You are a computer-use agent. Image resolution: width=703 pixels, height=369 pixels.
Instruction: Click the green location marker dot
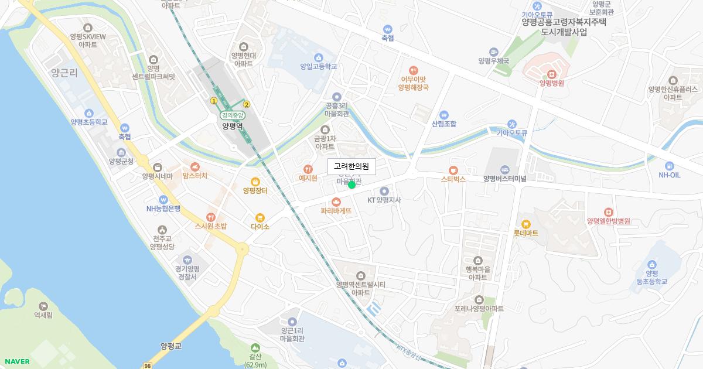click(351, 185)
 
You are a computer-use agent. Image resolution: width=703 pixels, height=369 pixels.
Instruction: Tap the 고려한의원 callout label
click(351, 167)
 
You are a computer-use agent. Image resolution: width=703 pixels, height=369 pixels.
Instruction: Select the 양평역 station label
click(233, 125)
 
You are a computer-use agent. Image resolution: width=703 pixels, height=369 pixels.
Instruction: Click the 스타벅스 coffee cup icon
click(453, 170)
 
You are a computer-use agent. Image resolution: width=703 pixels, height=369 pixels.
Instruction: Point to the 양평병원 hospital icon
click(551, 74)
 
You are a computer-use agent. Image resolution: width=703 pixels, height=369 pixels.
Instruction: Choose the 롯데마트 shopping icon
click(525, 224)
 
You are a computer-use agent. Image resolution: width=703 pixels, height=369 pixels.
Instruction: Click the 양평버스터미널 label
click(505, 179)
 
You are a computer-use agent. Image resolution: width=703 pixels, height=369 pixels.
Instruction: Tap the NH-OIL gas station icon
click(669, 166)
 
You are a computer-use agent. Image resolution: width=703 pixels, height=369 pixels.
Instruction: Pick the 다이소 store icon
click(260, 217)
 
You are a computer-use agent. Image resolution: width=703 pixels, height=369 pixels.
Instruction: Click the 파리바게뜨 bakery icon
click(336, 201)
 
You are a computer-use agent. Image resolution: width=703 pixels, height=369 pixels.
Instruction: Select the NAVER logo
click(17, 361)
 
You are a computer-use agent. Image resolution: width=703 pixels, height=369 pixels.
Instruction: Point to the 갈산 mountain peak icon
click(255, 348)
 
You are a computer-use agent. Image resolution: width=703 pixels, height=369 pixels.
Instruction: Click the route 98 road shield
click(148, 365)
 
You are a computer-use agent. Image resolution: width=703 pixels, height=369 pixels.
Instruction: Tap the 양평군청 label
click(121, 161)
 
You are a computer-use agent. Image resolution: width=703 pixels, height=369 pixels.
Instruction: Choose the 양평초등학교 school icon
click(88, 113)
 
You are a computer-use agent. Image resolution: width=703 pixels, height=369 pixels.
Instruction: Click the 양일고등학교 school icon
click(319, 57)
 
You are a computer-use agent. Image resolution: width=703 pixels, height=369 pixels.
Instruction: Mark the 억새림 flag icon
click(43, 306)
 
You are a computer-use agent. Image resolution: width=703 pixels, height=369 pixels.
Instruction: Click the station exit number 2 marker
click(247, 104)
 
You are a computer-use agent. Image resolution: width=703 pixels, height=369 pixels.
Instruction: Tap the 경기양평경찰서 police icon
click(187, 259)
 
